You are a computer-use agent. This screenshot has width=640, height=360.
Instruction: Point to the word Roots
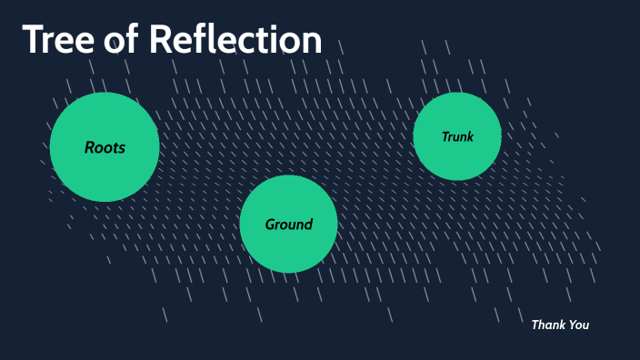[x=105, y=147]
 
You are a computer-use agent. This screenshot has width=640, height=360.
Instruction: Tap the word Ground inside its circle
[x=288, y=225]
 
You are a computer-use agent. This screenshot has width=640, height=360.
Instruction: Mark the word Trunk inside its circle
[x=457, y=137]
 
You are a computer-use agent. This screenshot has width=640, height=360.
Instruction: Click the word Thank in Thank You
[x=548, y=325]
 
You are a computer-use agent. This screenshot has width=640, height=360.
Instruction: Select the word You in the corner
[x=579, y=325]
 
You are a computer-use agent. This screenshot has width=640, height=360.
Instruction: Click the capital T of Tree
[x=34, y=41]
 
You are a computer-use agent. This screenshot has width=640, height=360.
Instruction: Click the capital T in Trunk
[x=445, y=137]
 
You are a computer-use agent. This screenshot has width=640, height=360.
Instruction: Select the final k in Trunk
[x=470, y=137]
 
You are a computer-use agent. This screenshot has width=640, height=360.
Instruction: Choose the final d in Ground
[x=308, y=225]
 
